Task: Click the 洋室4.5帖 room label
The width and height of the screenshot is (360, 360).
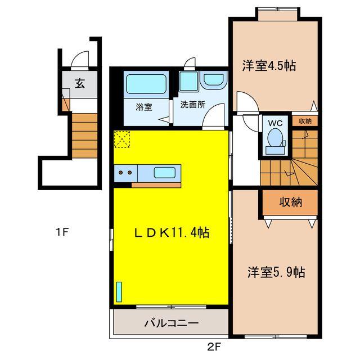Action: pyautogui.click(x=269, y=66)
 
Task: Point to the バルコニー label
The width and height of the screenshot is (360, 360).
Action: pyautogui.click(x=170, y=323)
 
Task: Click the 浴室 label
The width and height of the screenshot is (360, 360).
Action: pyautogui.click(x=143, y=107)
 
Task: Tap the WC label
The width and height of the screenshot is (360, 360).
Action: pyautogui.click(x=275, y=123)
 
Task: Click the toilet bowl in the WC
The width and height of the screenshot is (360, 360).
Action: pyautogui.click(x=275, y=138)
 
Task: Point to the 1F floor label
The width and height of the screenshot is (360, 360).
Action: pyautogui.click(x=62, y=231)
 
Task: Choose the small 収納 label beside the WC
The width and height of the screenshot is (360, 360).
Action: pyautogui.click(x=305, y=121)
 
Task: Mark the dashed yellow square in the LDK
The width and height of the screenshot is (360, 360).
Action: pyautogui.click(x=122, y=139)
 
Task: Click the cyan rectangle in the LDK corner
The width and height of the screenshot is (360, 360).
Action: pyautogui.click(x=119, y=292)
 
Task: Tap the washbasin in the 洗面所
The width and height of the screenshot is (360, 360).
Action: pyautogui.click(x=213, y=80)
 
